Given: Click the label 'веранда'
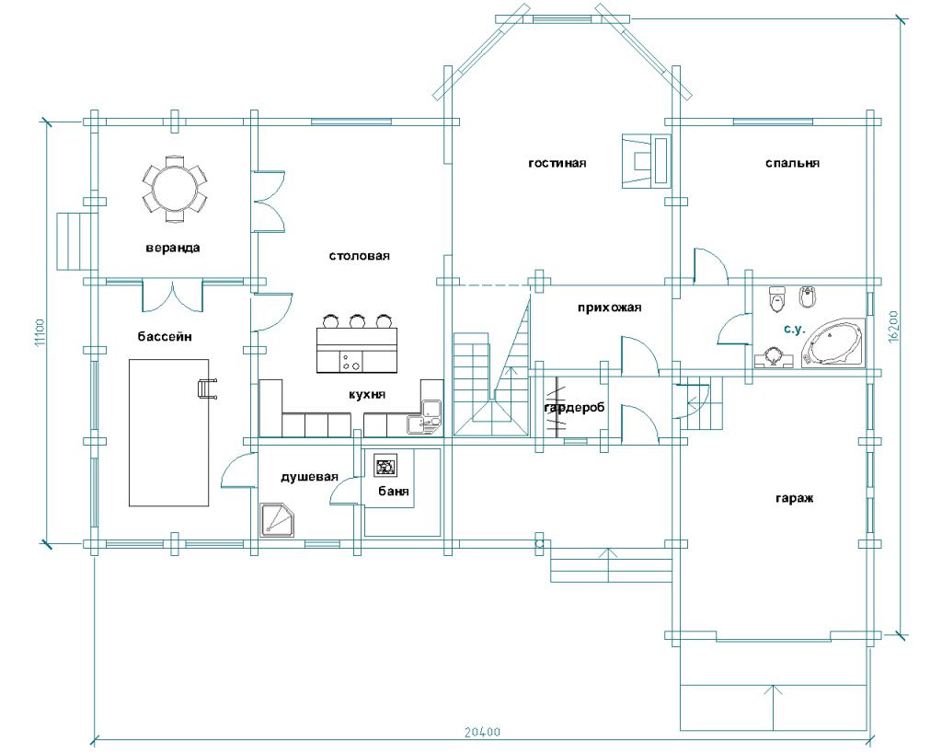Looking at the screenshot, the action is coord(173,248).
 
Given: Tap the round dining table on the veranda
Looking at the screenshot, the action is coord(174,187).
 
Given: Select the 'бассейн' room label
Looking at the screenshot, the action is coord(165,336).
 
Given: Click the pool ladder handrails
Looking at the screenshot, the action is coord(207,389).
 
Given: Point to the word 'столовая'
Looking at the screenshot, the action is coord(360,256).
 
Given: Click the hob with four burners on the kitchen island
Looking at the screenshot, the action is coord(350,362).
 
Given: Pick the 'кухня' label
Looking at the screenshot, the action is coord(367,394).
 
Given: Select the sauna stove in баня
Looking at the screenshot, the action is coord(385,465).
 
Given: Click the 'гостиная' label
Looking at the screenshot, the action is coord(557,163).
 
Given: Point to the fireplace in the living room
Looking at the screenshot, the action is coord(646,160).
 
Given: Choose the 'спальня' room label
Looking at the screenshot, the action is coord(792,163).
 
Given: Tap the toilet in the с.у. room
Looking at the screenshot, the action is coord(777,299).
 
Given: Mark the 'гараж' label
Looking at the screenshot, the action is coord(794,498).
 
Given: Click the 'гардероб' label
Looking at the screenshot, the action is coord(574,408).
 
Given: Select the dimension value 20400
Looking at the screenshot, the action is coord(482,732).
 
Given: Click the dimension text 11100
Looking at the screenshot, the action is coord(40,332).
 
